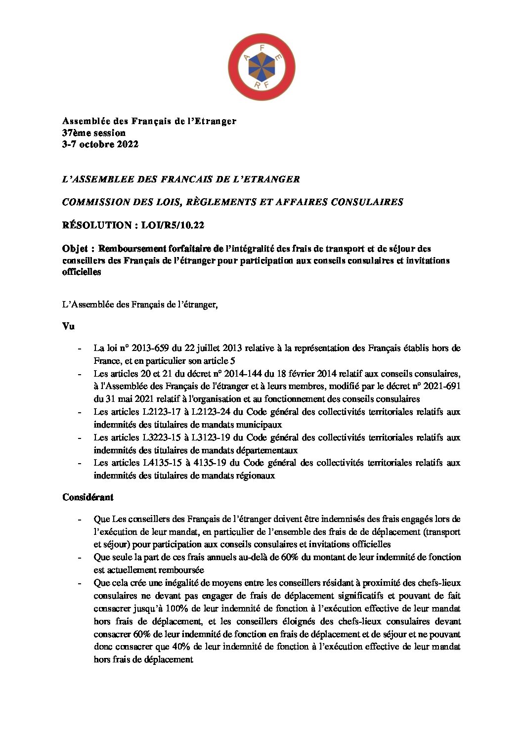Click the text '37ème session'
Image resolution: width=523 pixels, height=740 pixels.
click(94, 133)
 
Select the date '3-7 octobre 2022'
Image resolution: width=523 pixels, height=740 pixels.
click(100, 144)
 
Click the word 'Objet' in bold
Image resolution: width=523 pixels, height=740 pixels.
click(75, 249)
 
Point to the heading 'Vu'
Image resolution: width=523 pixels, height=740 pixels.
click(68, 326)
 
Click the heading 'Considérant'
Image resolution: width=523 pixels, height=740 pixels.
click(88, 497)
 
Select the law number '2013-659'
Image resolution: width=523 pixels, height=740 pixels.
click(146, 348)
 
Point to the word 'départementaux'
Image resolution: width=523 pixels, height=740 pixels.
click(265, 450)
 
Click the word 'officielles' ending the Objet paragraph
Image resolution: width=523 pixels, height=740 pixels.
click(82, 272)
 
